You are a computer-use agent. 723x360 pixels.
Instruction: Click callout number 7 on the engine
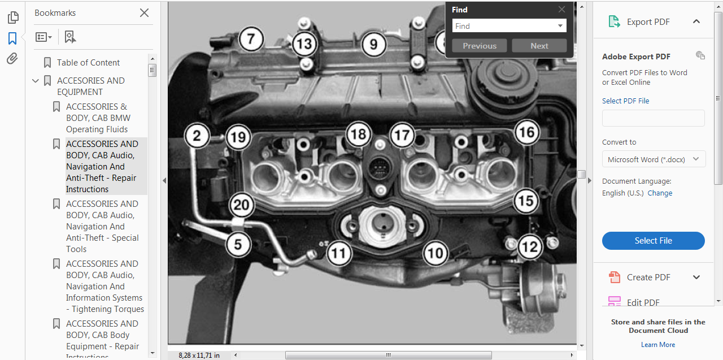[x=251, y=39]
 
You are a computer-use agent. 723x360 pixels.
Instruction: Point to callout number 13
[x=304, y=43]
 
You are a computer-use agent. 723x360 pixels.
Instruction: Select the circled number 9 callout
[x=373, y=44]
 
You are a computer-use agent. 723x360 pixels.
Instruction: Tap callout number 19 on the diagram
[x=238, y=137]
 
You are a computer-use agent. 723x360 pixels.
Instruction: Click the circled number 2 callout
[x=197, y=136]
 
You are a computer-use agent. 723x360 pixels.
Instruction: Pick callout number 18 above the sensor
[x=358, y=134]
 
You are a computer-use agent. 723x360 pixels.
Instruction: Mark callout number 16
[x=526, y=133]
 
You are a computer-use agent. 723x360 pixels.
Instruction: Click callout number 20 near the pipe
[x=241, y=205]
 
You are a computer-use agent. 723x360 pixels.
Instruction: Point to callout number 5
[x=238, y=245]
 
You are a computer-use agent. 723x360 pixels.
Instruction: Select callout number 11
[x=338, y=253]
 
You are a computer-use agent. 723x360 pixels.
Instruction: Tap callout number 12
[x=529, y=247]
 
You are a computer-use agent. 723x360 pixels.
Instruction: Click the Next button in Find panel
[x=539, y=46]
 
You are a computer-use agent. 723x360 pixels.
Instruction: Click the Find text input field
[x=504, y=26]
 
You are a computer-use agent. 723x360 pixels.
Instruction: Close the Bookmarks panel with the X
[x=144, y=12]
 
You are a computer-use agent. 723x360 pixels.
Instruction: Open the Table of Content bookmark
[x=88, y=63]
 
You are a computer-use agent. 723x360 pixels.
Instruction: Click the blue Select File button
[x=653, y=241]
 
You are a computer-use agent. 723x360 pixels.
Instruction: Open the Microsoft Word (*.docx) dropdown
[x=654, y=159]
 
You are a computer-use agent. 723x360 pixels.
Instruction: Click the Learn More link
[x=657, y=345]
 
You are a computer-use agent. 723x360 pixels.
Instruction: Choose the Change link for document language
[x=660, y=193]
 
